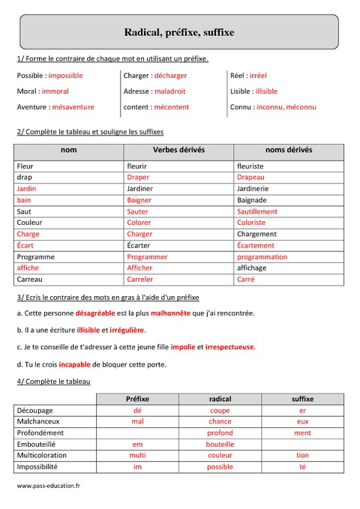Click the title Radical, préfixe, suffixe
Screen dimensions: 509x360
[179, 32]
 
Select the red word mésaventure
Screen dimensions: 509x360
[73, 107]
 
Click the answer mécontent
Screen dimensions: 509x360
[169, 107]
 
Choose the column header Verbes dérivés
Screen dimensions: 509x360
[178, 150]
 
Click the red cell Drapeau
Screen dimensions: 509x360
[250, 178]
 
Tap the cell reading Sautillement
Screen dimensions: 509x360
[257, 211]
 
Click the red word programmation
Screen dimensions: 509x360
[262, 256]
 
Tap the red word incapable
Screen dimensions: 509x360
[74, 364]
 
